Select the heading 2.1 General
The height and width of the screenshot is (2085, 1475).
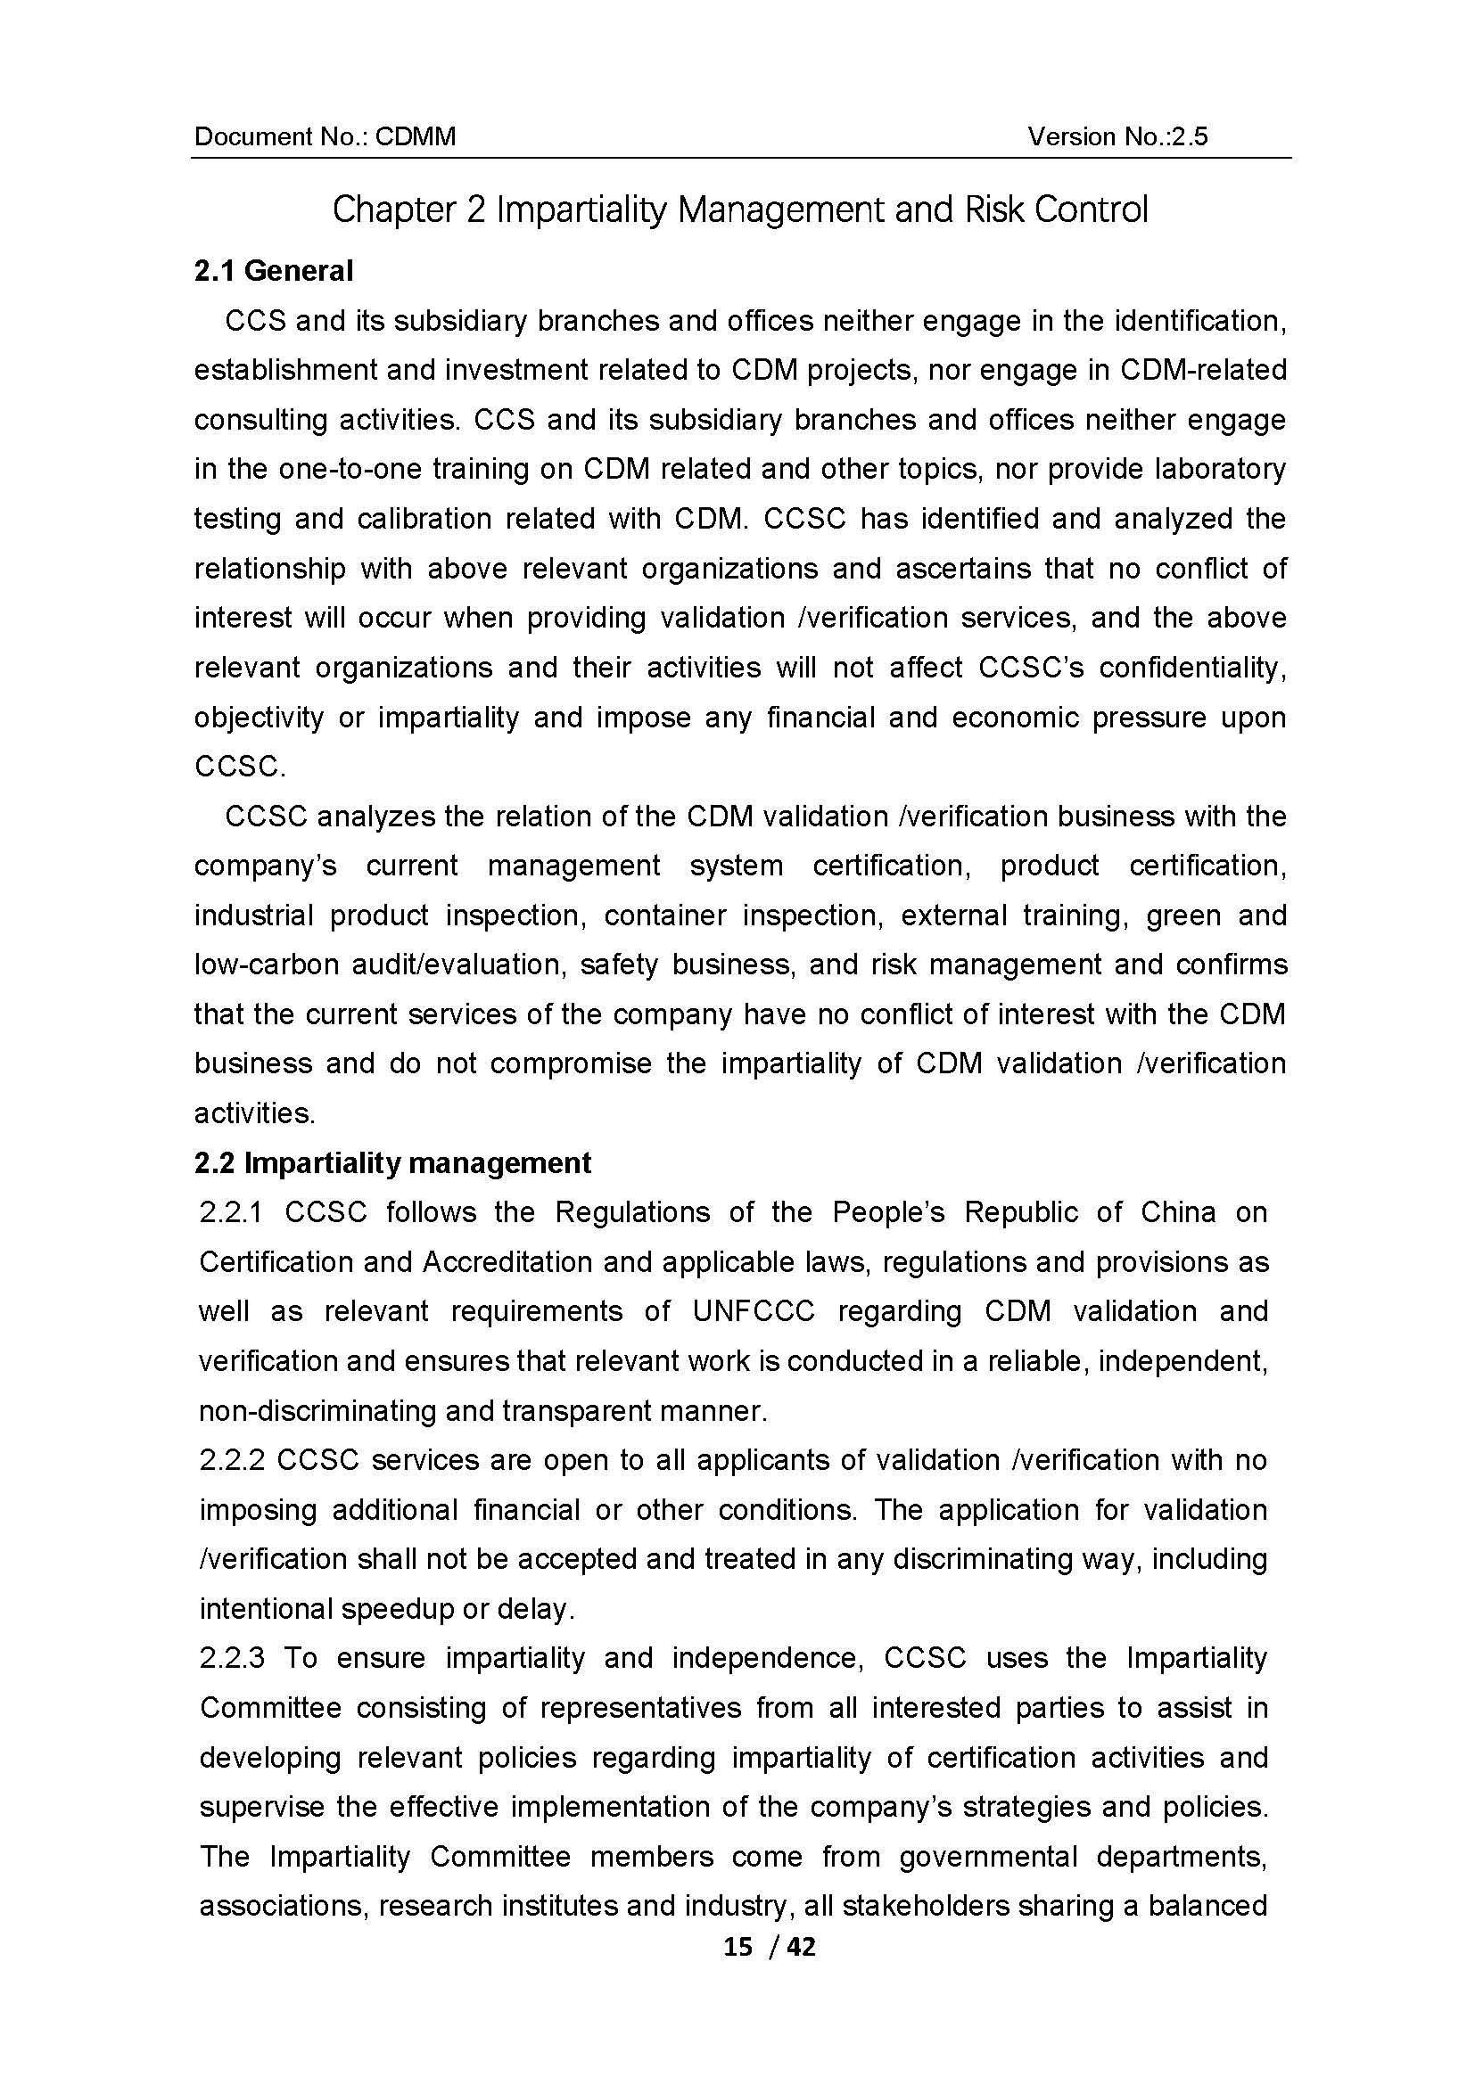point(274,271)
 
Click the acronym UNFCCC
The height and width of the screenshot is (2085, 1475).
point(753,1311)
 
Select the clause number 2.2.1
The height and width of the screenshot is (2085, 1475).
point(231,1212)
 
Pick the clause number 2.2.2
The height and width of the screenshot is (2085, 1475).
point(231,1460)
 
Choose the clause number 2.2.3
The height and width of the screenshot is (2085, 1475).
point(231,1658)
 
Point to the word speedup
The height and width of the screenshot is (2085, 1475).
point(397,1609)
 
